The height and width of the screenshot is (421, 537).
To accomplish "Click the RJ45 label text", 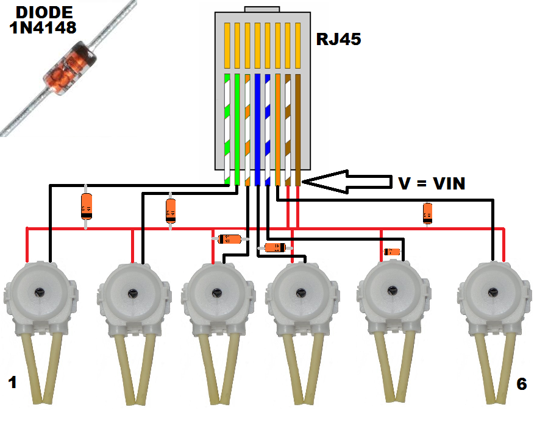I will tap(339, 40).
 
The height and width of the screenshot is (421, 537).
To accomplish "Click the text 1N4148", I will tap(42, 27).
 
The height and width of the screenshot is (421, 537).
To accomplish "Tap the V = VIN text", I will tap(432, 183).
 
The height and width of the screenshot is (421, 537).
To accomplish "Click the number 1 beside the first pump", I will tap(12, 383).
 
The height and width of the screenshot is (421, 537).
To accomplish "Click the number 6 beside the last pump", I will tap(521, 384).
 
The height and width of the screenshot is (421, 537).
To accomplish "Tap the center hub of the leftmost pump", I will tap(40, 291).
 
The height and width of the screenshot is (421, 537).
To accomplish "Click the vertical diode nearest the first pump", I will tap(86, 207).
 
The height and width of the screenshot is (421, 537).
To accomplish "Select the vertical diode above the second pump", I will tap(171, 210).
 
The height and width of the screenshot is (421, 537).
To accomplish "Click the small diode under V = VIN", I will tap(428, 213).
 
